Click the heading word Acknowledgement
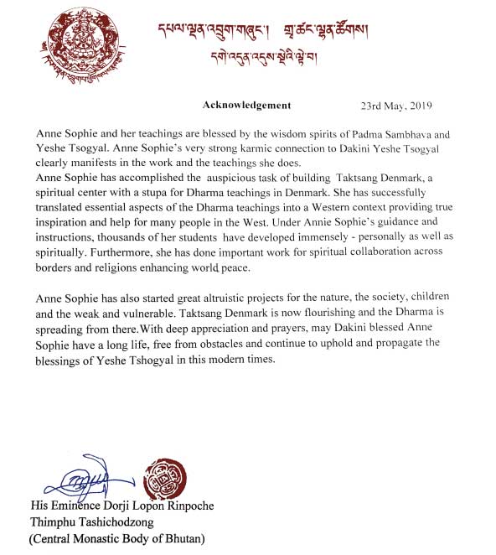click(246, 106)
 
